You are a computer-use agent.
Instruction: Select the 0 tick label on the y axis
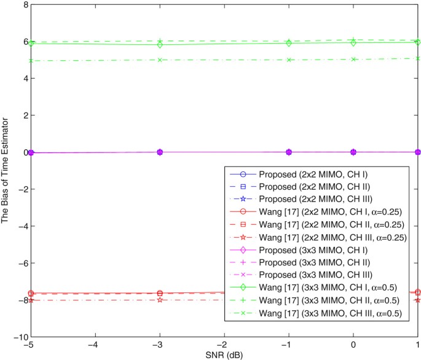click(21, 152)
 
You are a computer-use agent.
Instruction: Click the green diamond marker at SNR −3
click(160, 45)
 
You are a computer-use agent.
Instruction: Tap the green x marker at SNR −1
click(289, 60)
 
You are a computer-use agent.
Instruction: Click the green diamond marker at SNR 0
click(353, 43)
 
